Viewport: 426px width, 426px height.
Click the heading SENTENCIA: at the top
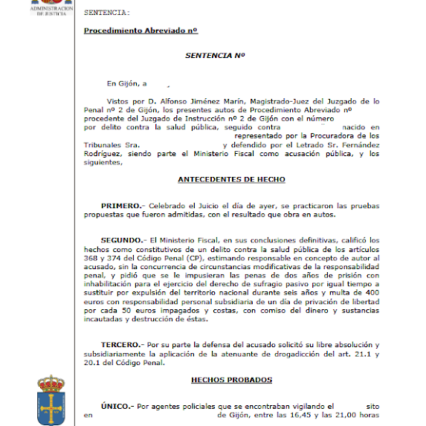click(x=107, y=13)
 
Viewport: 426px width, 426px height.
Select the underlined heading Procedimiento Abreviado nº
click(x=140, y=30)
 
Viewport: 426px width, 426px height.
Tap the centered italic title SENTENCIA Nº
click(x=215, y=56)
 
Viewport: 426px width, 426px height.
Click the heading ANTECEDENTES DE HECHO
click(x=231, y=179)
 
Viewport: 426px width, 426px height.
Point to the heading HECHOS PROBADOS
click(x=231, y=379)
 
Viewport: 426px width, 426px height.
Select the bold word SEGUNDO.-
click(x=124, y=240)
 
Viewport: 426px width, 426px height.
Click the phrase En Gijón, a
click(x=127, y=83)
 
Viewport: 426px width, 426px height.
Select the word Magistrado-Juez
click(x=284, y=100)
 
